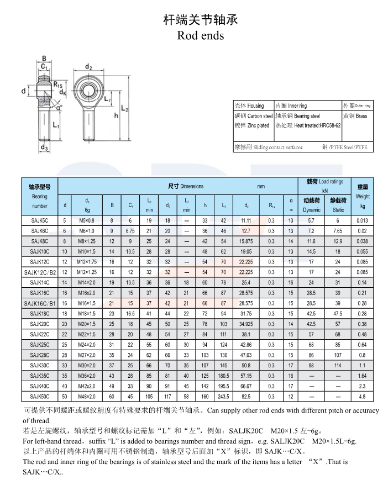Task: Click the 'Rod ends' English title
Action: [201, 35]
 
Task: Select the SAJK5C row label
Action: [40, 220]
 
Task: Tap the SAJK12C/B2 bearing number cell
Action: [40, 272]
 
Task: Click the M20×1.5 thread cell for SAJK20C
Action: [87, 324]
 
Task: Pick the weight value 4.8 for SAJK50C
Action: [363, 396]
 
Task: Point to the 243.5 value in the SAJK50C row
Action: [223, 396]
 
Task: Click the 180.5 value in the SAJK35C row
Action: [223, 376]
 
